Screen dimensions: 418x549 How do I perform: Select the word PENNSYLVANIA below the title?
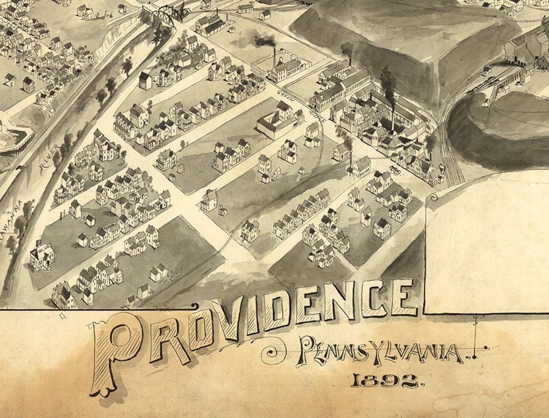[x=380, y=351]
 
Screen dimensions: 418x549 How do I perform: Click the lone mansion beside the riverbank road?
[x=42, y=255]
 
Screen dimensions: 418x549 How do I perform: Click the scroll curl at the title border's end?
[x=194, y=306]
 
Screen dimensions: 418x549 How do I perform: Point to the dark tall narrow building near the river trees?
[x=145, y=80]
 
